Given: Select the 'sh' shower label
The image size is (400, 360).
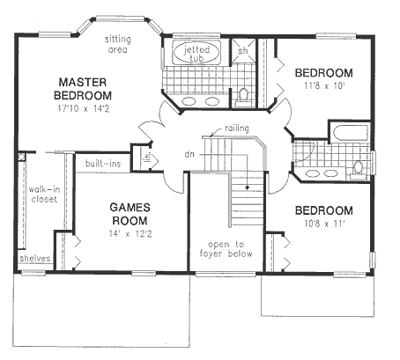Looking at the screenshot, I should (x=243, y=50).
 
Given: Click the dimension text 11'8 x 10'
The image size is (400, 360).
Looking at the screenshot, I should (x=322, y=87).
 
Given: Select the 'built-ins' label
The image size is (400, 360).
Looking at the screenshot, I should (x=102, y=164).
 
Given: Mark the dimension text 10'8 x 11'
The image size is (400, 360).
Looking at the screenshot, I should (x=322, y=225).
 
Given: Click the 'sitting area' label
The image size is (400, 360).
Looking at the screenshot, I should (x=118, y=44).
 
